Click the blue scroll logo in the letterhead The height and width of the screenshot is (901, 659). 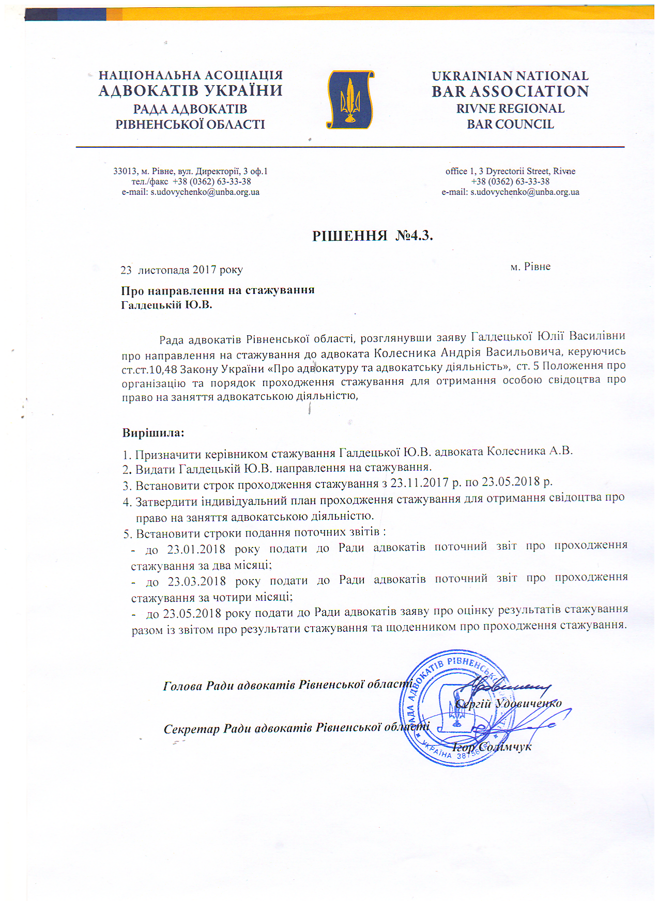pyautogui.click(x=350, y=100)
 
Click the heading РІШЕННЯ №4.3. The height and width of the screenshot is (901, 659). pyautogui.click(x=372, y=236)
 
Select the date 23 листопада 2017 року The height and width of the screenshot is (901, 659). pyautogui.click(x=181, y=270)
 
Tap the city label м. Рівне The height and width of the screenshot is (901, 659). pyautogui.click(x=530, y=267)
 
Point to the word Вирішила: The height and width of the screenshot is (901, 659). pyautogui.click(x=153, y=433)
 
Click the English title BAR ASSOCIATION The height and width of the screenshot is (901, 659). pyautogui.click(x=510, y=91)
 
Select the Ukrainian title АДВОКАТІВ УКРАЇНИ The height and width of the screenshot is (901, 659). pyautogui.click(x=191, y=91)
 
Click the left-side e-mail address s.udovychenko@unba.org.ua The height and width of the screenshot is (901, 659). pyautogui.click(x=205, y=192)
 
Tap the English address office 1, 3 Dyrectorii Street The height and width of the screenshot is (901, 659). pyautogui.click(x=497, y=172)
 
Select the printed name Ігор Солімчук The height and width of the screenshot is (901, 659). pyautogui.click(x=492, y=747)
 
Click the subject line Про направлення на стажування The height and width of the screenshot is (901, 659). pyautogui.click(x=218, y=290)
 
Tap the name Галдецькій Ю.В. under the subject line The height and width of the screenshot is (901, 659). pyautogui.click(x=166, y=305)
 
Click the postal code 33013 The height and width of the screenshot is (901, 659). pyautogui.click(x=125, y=172)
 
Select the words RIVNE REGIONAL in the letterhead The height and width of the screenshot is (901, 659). pyautogui.click(x=510, y=109)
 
